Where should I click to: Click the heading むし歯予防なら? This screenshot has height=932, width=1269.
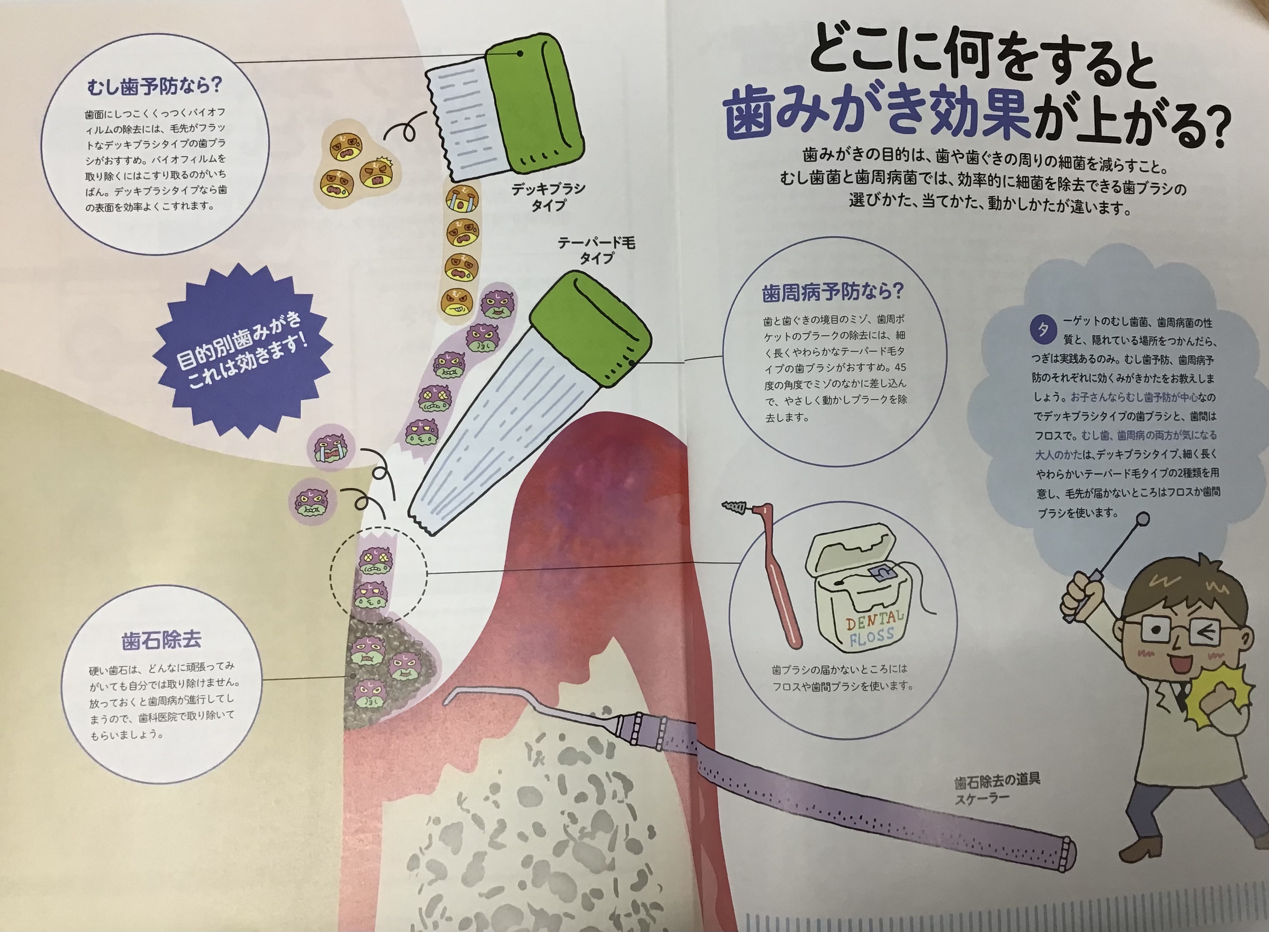click(155, 86)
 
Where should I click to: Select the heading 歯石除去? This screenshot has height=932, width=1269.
click(161, 640)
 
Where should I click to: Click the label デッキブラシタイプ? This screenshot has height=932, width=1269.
click(548, 196)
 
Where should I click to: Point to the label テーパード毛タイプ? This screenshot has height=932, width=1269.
click(596, 250)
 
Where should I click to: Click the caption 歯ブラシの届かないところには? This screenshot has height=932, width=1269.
click(839, 669)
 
